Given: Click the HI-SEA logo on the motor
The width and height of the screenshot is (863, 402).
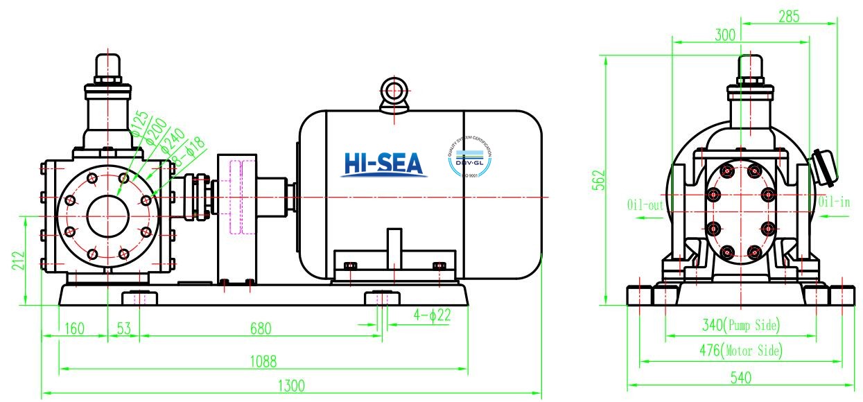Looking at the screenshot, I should click(383, 164).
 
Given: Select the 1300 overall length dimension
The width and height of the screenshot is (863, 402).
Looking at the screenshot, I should click(291, 386).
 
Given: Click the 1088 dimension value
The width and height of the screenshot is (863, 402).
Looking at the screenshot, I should click(263, 361).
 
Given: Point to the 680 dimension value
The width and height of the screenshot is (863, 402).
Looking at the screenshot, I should click(261, 328).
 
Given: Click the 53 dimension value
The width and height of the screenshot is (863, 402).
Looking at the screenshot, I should click(123, 328).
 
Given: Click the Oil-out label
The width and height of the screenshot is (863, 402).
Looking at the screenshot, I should click(645, 205).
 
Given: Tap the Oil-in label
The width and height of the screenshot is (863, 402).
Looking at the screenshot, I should click(833, 202).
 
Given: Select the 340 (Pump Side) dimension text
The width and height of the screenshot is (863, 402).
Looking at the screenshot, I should click(740, 325).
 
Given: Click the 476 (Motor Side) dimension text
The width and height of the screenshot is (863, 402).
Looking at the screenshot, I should click(740, 351).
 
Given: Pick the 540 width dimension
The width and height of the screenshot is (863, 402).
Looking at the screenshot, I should click(740, 378).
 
